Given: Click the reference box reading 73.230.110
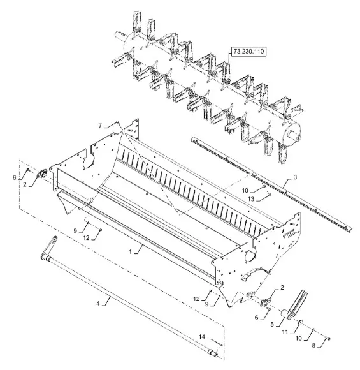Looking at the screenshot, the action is point(249,51).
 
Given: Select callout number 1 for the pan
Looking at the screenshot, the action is point(131,252).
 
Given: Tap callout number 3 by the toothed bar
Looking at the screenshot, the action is point(295,177).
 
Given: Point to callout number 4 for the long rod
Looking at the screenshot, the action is point(98,303).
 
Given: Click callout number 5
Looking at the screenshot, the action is point(272,325).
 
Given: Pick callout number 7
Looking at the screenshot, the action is point(100,126).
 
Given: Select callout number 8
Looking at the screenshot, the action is point(313,346).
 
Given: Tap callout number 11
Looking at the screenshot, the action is point(285,332).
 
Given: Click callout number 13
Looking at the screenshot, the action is point(251,199).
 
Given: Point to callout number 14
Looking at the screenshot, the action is point(202,337).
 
